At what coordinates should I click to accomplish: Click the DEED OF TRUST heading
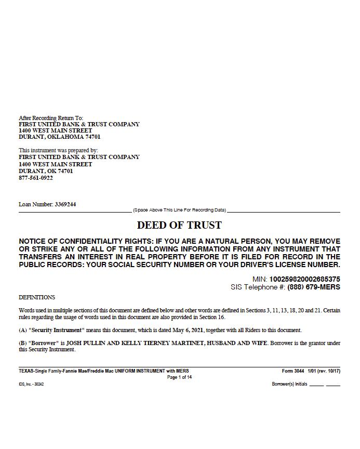coord(179,225)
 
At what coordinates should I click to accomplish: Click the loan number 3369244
coord(65,204)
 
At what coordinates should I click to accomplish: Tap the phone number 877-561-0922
coord(36,178)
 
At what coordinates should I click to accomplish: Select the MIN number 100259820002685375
coord(304,279)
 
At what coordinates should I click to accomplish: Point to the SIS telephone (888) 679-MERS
coord(313,287)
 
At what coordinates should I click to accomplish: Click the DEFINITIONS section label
coord(37,298)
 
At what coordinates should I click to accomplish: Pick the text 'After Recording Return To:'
coord(51,118)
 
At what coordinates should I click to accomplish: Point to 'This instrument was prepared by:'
coord(58,150)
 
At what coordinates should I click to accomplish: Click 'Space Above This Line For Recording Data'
coord(179,210)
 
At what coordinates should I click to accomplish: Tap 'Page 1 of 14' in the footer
coord(179,377)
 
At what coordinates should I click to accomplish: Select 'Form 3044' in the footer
coord(293,371)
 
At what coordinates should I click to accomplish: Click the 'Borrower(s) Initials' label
coord(290,385)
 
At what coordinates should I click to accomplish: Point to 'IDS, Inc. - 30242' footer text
coord(31,385)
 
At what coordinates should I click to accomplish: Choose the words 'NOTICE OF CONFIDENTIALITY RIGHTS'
coord(82,241)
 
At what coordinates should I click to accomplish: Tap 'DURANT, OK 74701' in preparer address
coord(46,171)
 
